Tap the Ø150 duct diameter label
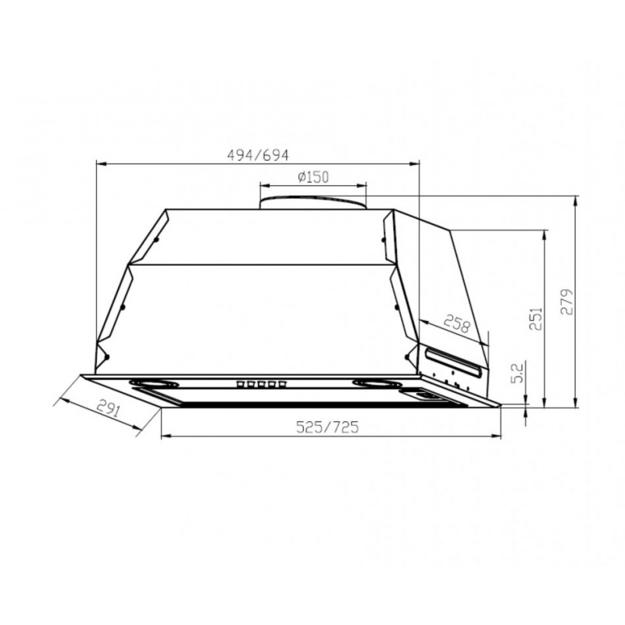312,177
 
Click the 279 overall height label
568,301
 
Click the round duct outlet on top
312,202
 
